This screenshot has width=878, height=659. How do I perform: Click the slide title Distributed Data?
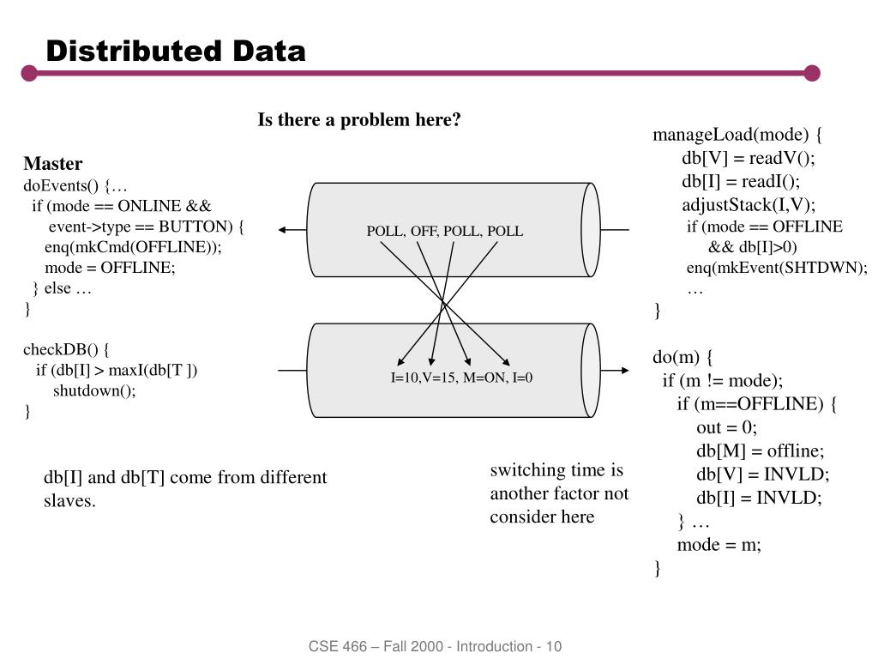coord(176,51)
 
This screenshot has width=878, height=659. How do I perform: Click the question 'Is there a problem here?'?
coord(359,120)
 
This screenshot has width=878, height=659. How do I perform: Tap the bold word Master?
coord(53,164)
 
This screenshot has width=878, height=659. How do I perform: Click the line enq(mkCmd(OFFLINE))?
coord(133,247)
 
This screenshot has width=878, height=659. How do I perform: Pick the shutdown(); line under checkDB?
coord(94,391)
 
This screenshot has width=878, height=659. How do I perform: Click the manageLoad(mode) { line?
coord(737,136)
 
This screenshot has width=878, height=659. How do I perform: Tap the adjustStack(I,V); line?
coord(749,205)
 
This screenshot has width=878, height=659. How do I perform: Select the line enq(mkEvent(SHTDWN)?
coord(777,268)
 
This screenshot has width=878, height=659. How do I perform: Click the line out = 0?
coord(727,428)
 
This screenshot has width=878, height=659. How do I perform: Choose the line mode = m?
coord(719,545)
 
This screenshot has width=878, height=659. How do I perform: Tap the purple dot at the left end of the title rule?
coord(30,74)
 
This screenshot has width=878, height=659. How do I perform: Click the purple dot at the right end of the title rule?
coord(812,74)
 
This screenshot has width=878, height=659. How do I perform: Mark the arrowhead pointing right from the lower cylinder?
coord(625,371)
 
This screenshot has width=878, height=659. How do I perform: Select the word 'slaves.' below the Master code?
coord(69,501)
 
